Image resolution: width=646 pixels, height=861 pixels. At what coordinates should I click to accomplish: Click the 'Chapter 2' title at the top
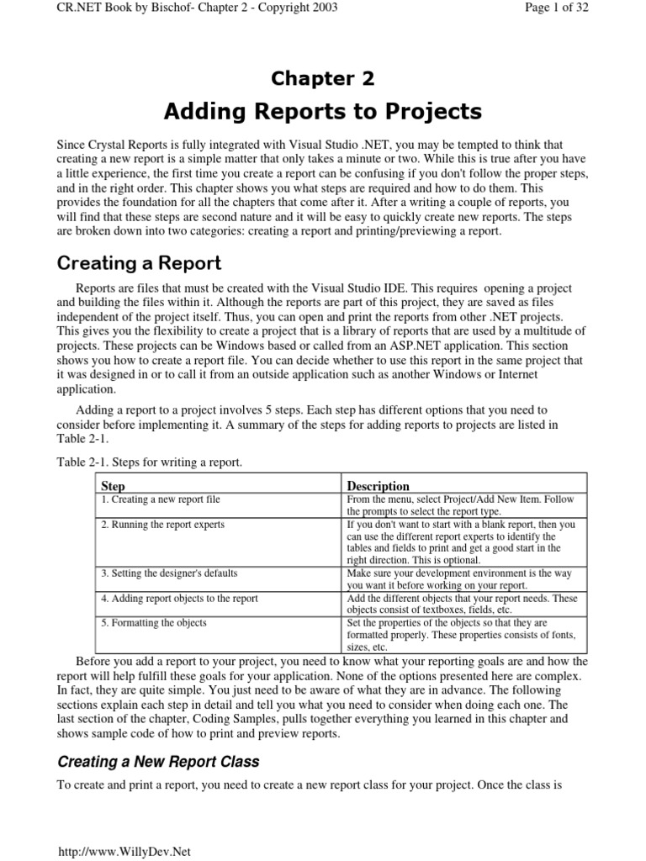click(322, 79)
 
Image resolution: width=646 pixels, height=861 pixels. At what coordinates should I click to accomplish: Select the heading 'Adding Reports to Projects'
click(322, 111)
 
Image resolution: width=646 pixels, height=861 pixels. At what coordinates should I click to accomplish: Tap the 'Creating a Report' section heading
click(139, 263)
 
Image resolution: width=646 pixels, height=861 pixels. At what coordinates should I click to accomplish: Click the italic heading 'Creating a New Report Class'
click(158, 762)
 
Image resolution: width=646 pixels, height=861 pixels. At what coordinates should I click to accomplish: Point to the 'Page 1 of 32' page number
click(589, 8)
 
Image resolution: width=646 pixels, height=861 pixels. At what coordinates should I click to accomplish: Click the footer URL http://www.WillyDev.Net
click(124, 851)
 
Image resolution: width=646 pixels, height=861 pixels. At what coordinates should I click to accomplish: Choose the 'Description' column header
click(379, 486)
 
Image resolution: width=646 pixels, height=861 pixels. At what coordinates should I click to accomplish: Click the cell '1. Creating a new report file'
click(161, 499)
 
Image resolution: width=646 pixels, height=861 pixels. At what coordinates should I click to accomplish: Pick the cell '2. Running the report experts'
click(162, 524)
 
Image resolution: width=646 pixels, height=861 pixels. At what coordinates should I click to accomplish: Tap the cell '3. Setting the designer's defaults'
click(169, 573)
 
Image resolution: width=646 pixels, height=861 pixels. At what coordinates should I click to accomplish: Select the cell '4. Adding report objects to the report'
click(179, 598)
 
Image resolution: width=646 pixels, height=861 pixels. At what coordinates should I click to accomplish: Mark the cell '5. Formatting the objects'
click(153, 622)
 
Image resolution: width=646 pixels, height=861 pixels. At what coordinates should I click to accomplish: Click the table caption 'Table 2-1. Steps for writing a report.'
click(150, 462)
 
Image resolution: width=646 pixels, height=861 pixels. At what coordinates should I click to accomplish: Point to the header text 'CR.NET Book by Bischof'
click(114, 8)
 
